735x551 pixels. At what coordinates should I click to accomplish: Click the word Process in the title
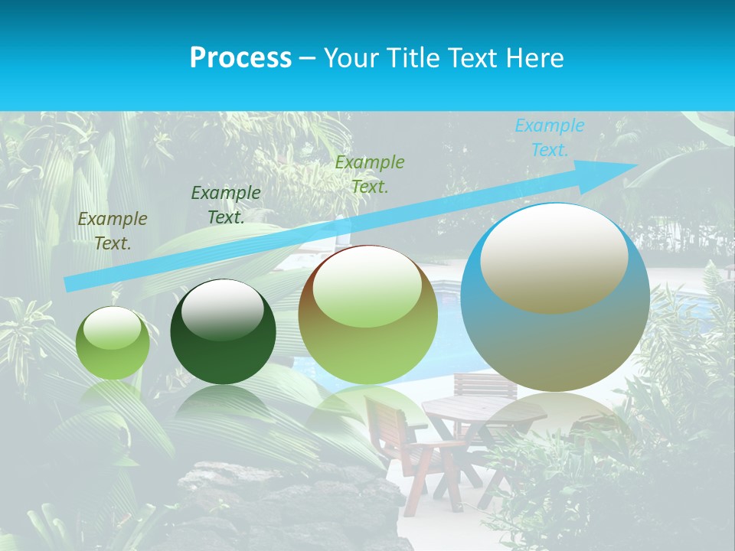(240, 58)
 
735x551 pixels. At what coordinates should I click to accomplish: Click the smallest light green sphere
(113, 344)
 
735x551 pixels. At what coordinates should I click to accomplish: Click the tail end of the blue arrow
(67, 284)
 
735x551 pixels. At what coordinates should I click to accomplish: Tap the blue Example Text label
(549, 138)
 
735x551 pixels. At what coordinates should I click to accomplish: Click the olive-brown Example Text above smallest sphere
(113, 231)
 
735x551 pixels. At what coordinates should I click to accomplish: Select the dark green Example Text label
(225, 205)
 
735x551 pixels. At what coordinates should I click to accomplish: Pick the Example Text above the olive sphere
(369, 174)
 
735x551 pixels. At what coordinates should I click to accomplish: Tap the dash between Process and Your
(307, 58)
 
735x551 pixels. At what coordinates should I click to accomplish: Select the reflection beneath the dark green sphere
(223, 406)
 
